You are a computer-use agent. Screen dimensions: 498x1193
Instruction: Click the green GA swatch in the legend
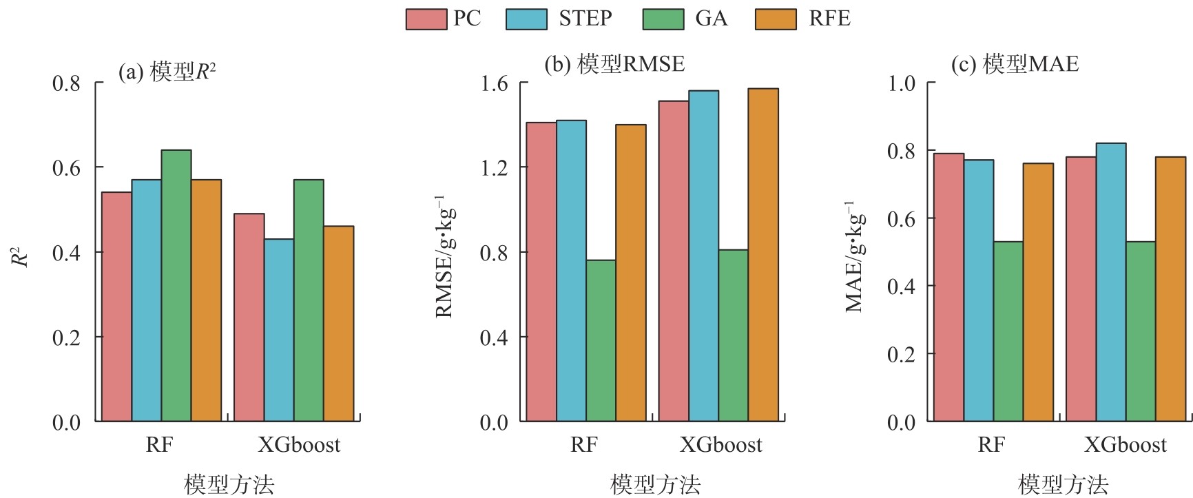pos(663,19)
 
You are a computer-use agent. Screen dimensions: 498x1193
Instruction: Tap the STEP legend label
pos(585,19)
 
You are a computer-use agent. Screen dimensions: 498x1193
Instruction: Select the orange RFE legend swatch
pos(776,19)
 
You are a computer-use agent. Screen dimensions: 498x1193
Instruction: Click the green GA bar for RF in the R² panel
pos(176,285)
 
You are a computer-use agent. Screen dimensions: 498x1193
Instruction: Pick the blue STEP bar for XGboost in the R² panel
pos(279,330)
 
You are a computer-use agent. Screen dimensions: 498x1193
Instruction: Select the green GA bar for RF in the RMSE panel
pos(601,340)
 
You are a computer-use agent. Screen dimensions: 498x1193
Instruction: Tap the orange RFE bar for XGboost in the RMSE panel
pos(763,255)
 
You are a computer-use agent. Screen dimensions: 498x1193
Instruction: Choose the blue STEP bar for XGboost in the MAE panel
pos(1110,282)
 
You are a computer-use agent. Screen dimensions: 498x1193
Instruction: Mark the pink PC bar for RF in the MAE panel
pos(948,287)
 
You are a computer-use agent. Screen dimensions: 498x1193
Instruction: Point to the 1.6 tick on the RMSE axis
pos(494,83)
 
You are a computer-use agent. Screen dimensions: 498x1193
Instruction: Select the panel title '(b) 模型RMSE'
pos(614,64)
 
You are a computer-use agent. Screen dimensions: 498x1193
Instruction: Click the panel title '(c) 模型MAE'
pos(1015,64)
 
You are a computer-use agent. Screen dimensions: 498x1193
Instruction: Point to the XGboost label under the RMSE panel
pos(721,445)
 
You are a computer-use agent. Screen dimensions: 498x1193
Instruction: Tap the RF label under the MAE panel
pos(991,445)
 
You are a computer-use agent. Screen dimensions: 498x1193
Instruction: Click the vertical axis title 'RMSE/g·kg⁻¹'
pos(444,256)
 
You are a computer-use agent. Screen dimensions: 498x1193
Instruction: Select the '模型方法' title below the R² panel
pos(229,484)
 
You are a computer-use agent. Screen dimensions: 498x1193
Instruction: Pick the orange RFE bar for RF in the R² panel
pos(206,300)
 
